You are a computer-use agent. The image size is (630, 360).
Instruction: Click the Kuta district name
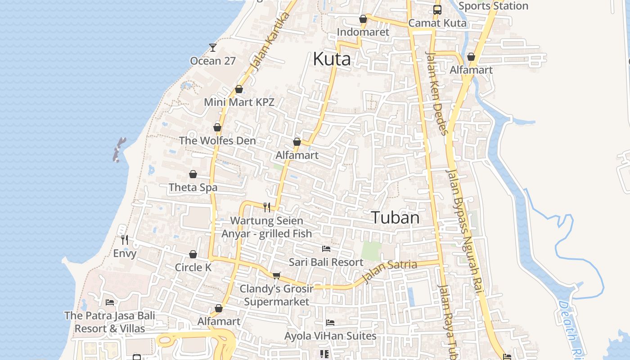point(332,59)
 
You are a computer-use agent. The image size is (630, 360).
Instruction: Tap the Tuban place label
point(396,218)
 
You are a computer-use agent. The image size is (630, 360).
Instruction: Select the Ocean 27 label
point(213,61)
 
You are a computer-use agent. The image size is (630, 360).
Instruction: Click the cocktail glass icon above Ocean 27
point(213,47)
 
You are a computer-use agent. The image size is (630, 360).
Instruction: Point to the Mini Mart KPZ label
point(239,102)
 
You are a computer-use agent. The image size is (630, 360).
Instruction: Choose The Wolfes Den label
point(217,140)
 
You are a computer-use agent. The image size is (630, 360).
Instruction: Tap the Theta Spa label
point(193,187)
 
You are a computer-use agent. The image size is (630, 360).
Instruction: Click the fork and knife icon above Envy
point(125,240)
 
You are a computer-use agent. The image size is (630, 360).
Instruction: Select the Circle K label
point(193,267)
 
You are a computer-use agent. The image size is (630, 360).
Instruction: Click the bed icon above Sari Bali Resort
point(326,248)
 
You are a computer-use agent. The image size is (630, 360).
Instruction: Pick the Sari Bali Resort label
point(326,262)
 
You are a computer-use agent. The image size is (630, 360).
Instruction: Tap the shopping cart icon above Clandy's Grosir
point(276,275)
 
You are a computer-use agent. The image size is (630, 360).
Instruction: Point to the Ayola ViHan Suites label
point(330,336)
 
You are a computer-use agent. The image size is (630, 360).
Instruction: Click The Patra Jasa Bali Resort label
point(110,322)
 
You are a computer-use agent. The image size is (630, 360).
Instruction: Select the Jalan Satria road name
point(390,271)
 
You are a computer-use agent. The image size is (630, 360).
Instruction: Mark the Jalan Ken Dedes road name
point(437,93)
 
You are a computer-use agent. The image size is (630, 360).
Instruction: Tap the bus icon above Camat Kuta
point(437,9)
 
